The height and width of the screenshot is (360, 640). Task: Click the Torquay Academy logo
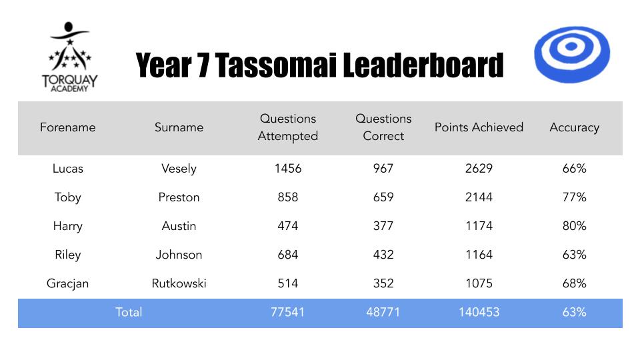coord(69,57)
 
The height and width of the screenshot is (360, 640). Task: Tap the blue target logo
coord(572,54)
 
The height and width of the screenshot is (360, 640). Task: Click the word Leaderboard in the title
coord(423,65)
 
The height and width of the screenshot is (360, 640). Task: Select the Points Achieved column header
coord(479,127)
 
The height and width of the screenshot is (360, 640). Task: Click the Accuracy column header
coord(574,128)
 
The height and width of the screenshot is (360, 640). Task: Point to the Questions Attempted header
coord(288,127)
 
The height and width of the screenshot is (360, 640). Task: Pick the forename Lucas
coord(68,169)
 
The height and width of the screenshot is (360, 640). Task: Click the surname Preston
coord(179,197)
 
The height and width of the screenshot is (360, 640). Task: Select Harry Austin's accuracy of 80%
coord(574,226)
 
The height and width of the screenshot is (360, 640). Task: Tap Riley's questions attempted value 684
coord(288,255)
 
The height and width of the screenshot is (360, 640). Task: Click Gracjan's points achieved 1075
coord(479,283)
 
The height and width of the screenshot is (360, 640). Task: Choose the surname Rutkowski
coord(179,283)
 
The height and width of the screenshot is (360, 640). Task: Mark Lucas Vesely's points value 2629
coord(479,169)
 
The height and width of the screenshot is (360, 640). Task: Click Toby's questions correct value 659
coord(383,197)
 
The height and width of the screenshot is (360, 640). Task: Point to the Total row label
coord(129,312)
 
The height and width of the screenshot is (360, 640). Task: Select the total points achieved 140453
coord(479,312)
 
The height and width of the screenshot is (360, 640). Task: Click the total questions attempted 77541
coord(288,312)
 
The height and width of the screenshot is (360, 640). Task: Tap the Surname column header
coord(179,127)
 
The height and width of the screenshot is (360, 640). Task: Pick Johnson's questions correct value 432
coord(383,255)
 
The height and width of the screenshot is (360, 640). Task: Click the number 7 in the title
coord(203,65)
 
